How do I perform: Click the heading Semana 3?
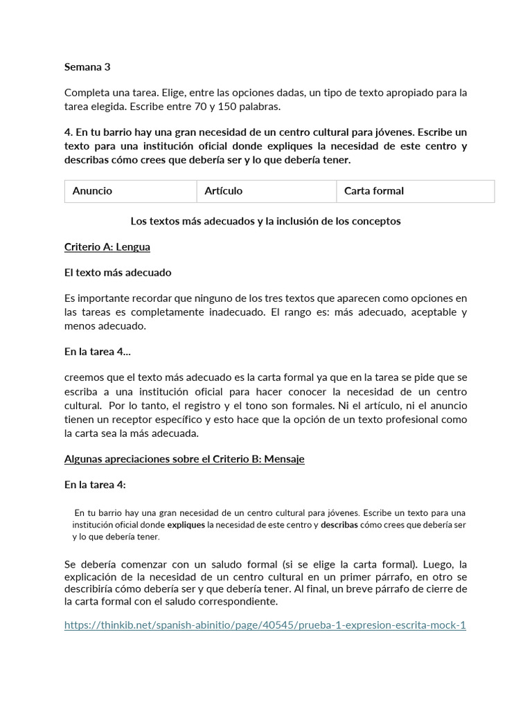coord(87,67)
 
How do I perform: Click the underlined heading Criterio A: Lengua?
coord(107,247)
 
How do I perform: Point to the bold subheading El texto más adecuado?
coord(118,273)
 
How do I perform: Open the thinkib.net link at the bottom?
coord(265,625)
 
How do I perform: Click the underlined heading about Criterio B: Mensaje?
coord(184,459)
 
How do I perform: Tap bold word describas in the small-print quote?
coord(339,526)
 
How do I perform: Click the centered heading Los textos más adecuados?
coord(265,222)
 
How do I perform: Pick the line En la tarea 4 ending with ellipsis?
coord(97,352)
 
